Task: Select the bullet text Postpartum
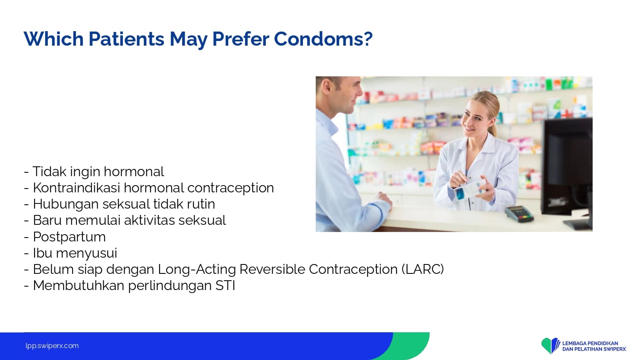coord(69,237)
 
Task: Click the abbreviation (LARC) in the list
coord(422,269)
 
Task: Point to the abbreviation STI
coord(225,285)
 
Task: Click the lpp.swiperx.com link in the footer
coord(52,346)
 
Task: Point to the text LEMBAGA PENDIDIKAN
coord(590,343)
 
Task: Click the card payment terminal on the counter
coord(519,214)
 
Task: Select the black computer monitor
coord(567,171)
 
